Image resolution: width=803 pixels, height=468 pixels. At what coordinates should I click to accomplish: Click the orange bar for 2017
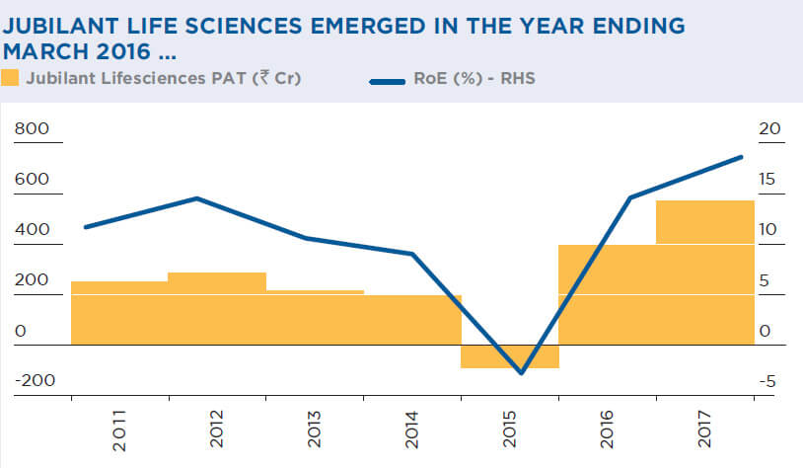tap(704, 272)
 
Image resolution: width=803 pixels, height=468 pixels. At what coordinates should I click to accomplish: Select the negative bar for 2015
tap(510, 356)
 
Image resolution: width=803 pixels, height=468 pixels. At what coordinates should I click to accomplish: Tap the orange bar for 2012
tap(217, 308)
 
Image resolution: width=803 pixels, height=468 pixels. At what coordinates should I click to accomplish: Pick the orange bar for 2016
tap(608, 294)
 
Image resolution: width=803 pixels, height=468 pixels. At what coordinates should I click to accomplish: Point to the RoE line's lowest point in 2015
tap(521, 373)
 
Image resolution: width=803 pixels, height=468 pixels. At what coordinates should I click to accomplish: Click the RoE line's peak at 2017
tap(742, 157)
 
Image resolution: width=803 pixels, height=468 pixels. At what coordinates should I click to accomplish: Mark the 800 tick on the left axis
tap(31, 129)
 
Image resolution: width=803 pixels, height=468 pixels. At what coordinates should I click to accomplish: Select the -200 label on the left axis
tap(34, 381)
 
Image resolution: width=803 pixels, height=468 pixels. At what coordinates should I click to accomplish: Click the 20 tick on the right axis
tap(770, 129)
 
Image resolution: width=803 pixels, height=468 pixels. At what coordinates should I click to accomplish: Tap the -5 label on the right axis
tap(767, 381)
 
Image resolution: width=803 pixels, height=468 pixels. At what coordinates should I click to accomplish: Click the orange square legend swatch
tap(10, 78)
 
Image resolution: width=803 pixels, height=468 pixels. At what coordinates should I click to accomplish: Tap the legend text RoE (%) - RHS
tap(477, 78)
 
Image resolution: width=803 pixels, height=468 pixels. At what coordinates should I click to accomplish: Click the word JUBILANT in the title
tap(61, 26)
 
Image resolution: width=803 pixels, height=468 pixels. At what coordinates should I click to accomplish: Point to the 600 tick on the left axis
tap(31, 180)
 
